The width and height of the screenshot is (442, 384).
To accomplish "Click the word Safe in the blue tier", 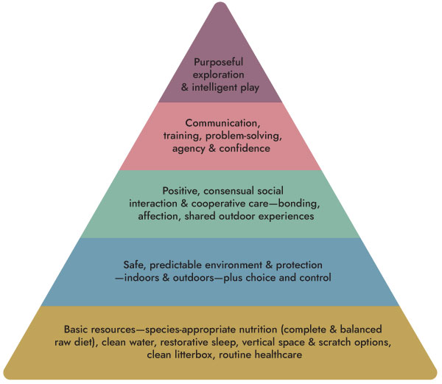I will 130,263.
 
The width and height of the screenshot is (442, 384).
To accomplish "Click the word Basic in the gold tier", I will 79,329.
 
